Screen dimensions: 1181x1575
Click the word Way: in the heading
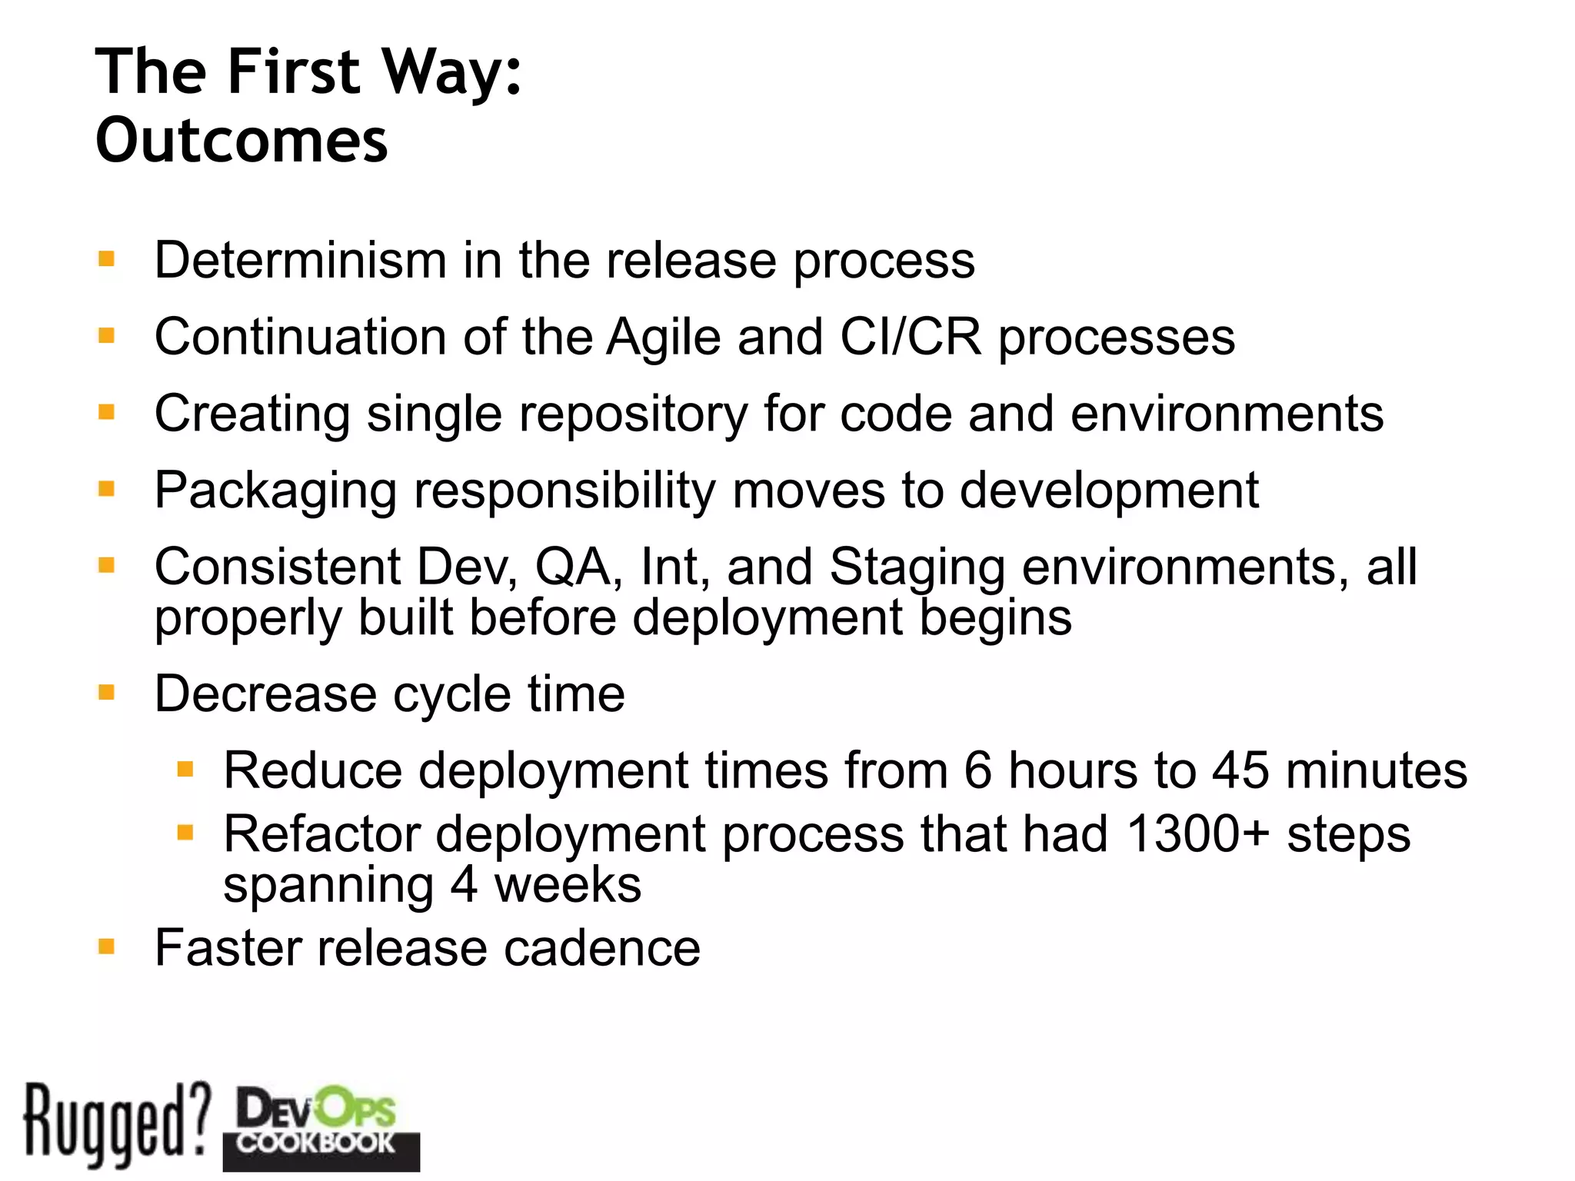452,72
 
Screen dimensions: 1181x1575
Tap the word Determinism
300,260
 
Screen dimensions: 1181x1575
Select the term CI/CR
911,337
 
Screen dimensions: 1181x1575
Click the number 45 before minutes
1240,770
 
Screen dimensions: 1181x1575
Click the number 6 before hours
977,770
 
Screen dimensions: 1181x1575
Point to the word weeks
568,885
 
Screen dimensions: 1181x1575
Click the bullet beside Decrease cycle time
106,693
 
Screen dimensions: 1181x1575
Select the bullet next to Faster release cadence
106,946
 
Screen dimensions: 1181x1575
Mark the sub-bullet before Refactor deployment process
185,832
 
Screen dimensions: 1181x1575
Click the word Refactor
321,834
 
